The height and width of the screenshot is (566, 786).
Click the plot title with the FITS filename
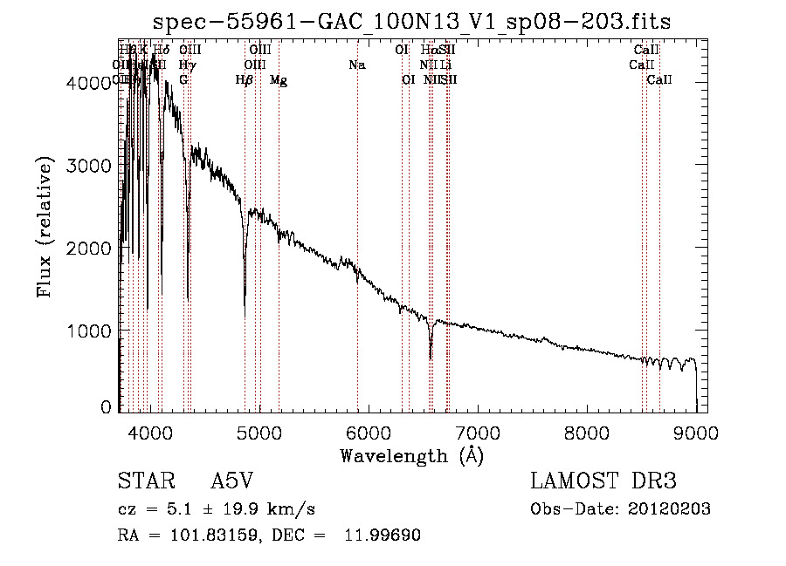[x=411, y=22]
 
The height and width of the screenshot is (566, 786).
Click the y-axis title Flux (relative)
[x=45, y=227]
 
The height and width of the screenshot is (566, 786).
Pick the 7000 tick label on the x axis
[x=478, y=432]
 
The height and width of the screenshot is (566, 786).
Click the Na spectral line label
[x=356, y=65]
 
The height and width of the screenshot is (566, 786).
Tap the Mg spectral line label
[x=279, y=80]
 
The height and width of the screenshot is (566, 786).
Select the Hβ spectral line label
[x=245, y=80]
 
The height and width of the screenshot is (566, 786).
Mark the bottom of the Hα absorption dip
[x=431, y=358]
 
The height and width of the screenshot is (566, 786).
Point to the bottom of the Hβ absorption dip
[x=245, y=314]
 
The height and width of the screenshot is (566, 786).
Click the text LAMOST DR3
[x=603, y=481]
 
